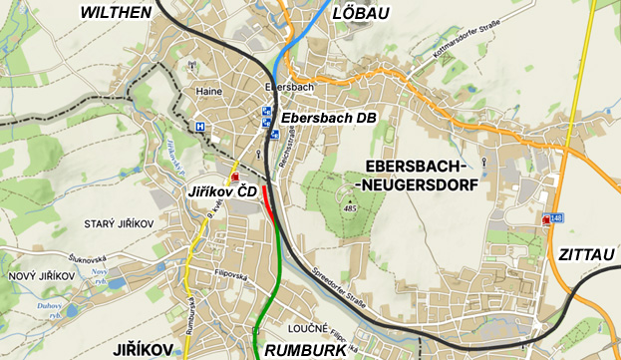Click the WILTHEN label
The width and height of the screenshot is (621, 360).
coord(115,12)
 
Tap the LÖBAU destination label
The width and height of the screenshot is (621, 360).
coord(361,12)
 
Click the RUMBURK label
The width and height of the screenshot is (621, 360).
coord(304,350)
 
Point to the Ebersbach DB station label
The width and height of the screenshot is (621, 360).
coord(328,118)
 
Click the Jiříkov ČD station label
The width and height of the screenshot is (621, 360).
coord(222,190)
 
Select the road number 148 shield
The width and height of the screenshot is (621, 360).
coord(554,217)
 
